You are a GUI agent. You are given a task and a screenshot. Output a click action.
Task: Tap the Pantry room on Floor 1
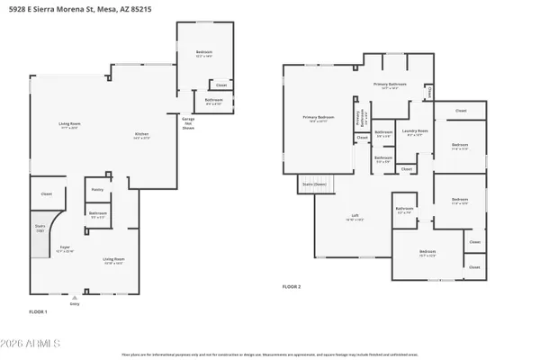[97, 190]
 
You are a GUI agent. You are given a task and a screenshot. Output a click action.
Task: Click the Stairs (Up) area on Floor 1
[40, 228]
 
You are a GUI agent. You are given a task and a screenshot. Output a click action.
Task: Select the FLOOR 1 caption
[37, 310]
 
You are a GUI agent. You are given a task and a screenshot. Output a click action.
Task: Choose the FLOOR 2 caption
[291, 286]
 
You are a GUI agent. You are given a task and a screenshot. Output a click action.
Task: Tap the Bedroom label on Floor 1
[203, 53]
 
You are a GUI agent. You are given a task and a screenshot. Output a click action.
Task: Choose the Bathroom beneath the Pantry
[98, 214]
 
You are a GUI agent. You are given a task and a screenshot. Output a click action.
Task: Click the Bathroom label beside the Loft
[404, 209]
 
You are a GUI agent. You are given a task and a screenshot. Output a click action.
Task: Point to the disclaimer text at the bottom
[269, 355]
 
